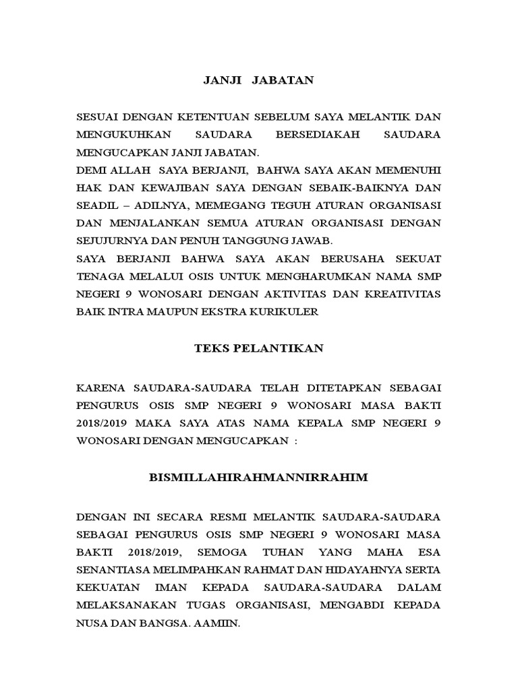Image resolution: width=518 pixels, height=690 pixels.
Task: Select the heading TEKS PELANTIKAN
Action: [x=259, y=348]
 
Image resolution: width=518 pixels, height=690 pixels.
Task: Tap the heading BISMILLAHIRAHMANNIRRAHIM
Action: [x=259, y=478]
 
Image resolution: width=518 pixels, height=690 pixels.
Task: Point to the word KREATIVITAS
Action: [x=403, y=294]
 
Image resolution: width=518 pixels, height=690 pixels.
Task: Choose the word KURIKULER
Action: [x=287, y=311]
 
